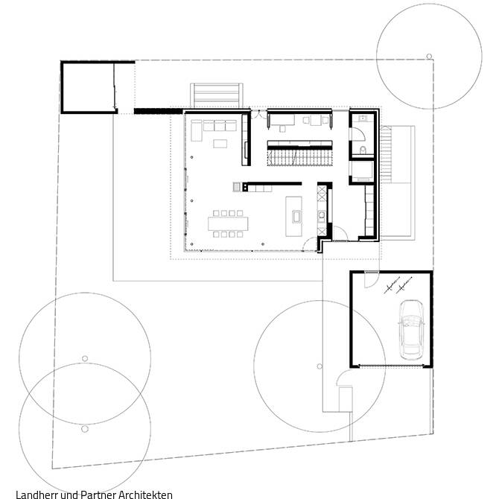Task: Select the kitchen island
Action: pyautogui.click(x=295, y=216)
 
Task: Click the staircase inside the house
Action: pyautogui.click(x=299, y=157)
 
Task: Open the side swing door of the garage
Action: pyautogui.click(x=369, y=277)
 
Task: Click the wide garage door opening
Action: pyautogui.click(x=390, y=365)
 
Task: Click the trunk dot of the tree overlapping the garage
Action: pyautogui.click(x=320, y=366)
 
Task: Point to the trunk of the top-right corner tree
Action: pyautogui.click(x=429, y=55)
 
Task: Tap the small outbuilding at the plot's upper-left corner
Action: pyautogui.click(x=88, y=87)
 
